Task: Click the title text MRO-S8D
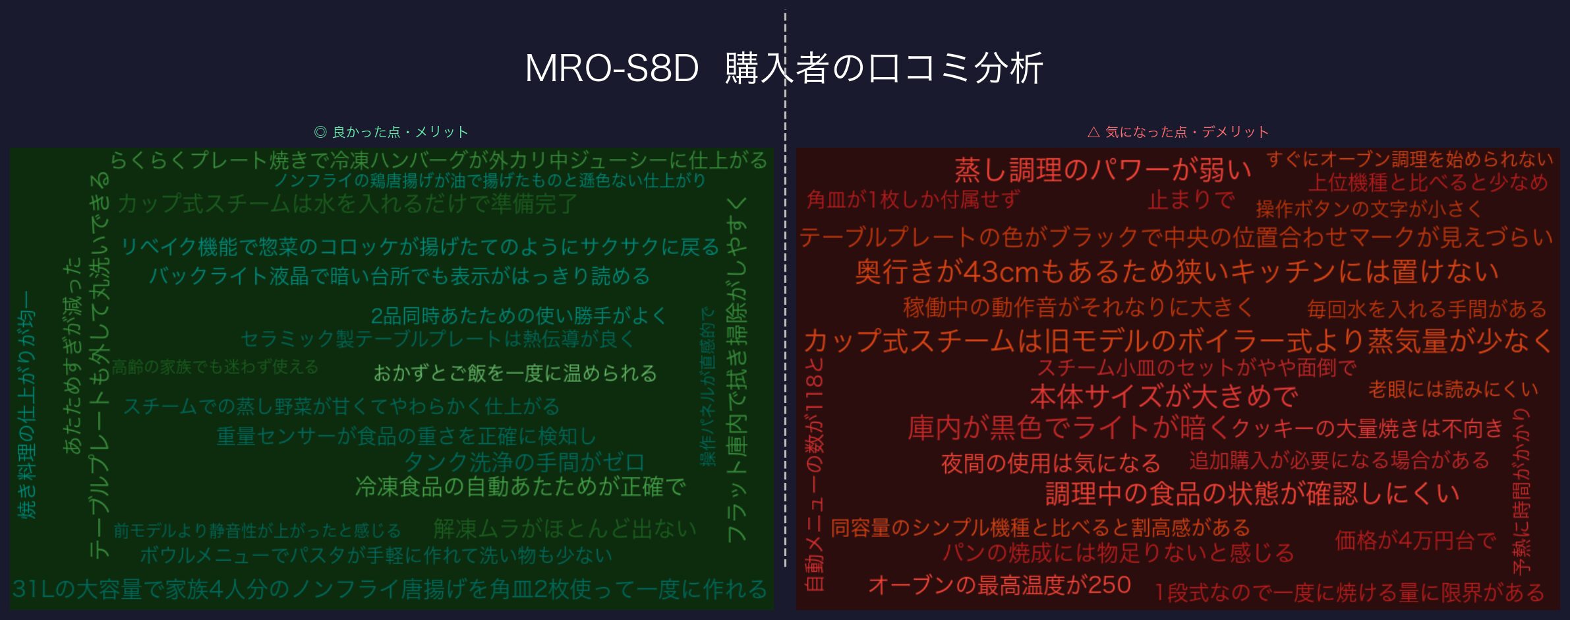611,69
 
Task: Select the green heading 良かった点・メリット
392,132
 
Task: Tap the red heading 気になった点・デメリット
1178,132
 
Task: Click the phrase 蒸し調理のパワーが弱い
1102,170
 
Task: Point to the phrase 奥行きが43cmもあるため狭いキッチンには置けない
1177,272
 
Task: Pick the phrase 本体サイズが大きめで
1163,396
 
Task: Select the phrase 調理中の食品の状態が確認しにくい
1252,493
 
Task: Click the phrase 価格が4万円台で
1415,541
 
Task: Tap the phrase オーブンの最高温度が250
999,585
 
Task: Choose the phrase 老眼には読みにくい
1453,389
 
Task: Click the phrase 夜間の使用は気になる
1051,463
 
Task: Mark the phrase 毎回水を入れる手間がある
1426,309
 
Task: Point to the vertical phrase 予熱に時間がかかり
1521,491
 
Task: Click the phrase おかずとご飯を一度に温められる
515,373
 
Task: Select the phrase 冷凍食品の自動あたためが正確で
520,487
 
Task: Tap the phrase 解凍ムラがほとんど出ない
564,528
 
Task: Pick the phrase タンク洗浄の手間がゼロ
524,462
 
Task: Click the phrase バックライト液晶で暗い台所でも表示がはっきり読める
399,276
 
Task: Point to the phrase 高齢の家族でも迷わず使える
215,367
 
